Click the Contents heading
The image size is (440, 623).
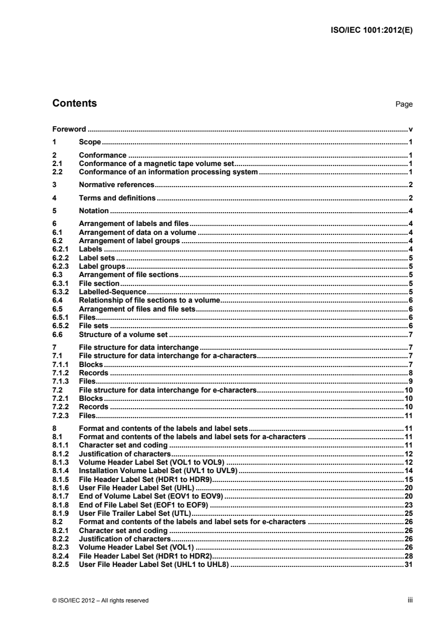tap(74, 103)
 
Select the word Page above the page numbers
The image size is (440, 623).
tap(404, 104)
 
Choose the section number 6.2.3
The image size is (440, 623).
tap(60, 267)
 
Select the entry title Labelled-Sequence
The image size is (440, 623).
tap(113, 292)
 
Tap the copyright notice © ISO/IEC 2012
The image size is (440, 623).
tap(101, 600)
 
